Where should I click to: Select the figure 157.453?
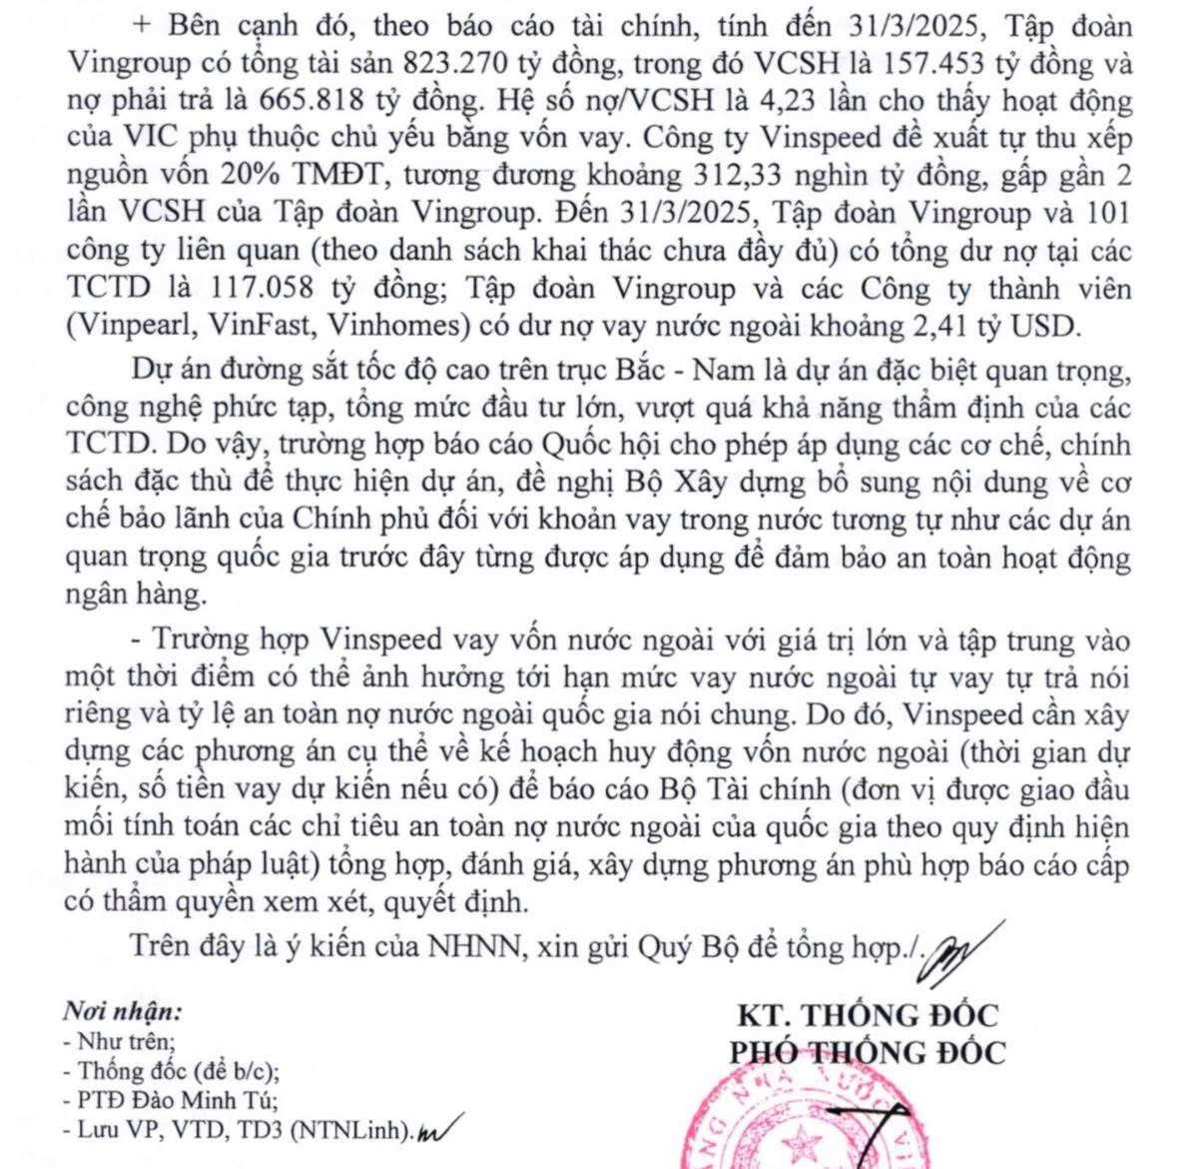[x=934, y=64]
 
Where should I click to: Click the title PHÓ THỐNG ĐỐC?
[x=867, y=1051]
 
